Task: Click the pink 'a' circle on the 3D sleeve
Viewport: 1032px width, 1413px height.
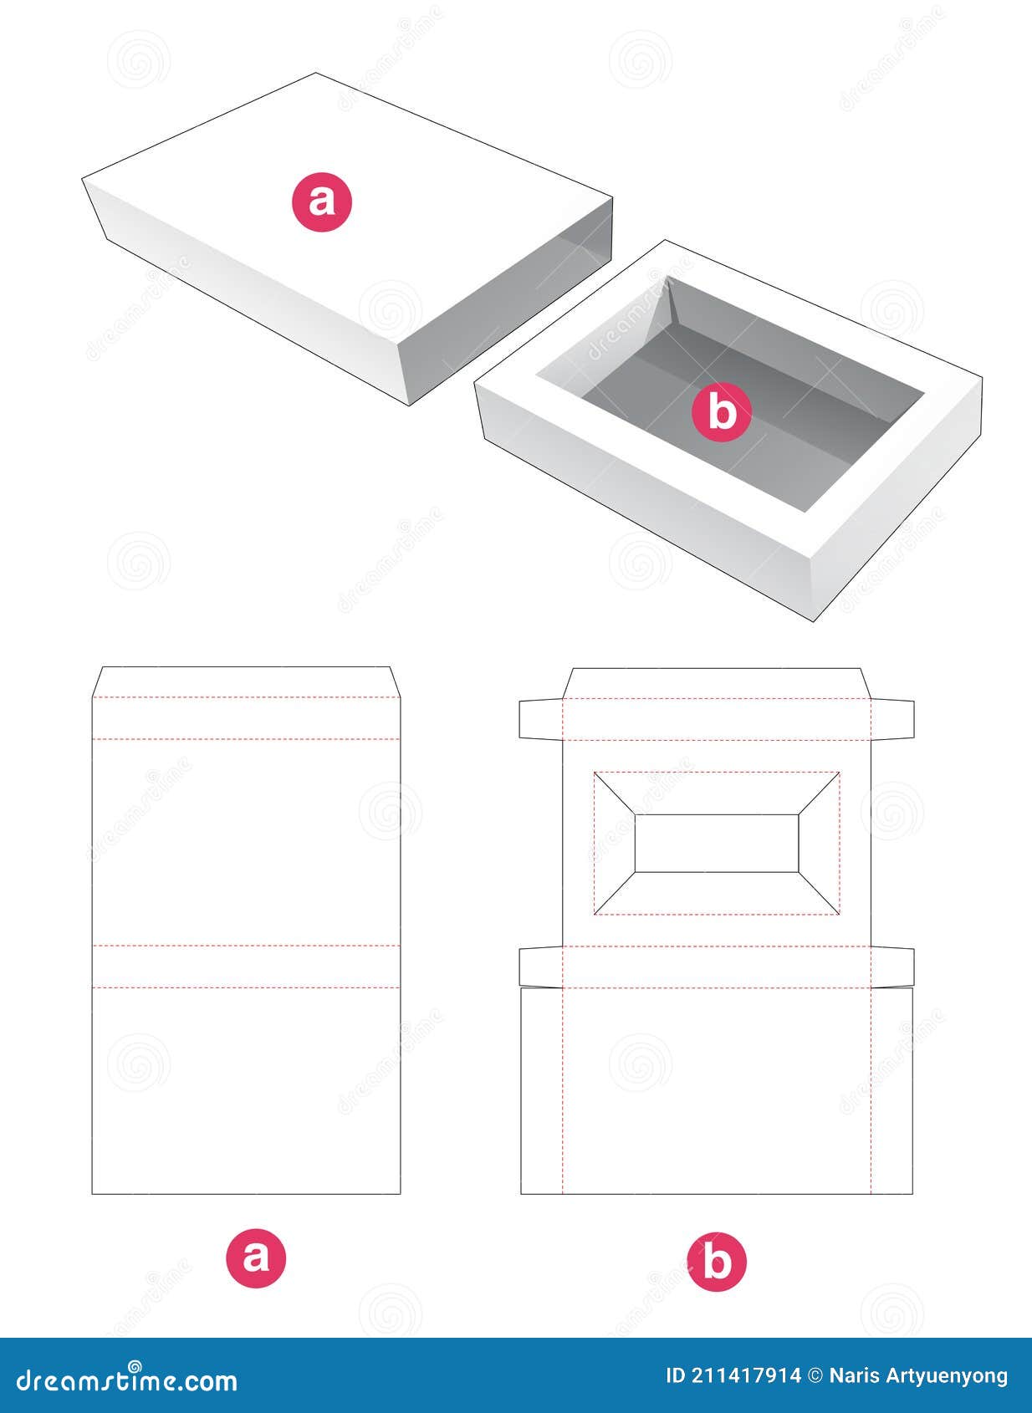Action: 322,202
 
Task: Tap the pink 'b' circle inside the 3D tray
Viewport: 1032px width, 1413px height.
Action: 722,412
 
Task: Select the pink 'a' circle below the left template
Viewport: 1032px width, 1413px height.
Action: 256,1257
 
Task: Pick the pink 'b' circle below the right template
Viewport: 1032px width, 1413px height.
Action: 717,1261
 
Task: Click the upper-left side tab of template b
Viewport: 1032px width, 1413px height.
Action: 540,719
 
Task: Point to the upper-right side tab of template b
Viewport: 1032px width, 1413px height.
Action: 892,719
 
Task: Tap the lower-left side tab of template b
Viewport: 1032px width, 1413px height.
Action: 540,967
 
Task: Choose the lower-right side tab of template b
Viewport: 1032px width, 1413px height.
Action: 892,967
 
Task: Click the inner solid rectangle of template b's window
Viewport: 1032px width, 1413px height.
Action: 717,843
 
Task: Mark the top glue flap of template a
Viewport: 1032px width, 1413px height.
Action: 245,681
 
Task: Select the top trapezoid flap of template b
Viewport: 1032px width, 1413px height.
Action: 717,683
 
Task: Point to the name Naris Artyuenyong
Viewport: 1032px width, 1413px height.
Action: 918,1375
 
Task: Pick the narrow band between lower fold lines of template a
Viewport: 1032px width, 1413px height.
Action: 245,967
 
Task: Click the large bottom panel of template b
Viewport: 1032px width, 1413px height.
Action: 717,1090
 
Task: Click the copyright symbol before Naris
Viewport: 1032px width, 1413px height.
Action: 815,1375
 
